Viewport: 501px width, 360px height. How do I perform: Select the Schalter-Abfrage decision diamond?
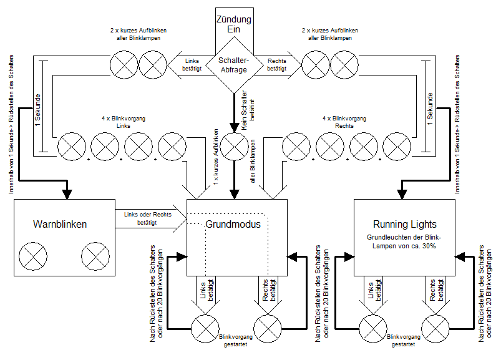[x=234, y=64]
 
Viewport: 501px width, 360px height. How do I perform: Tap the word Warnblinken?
[x=61, y=224]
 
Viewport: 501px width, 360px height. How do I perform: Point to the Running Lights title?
[x=404, y=224]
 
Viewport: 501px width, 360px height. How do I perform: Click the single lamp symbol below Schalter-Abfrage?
[x=234, y=147]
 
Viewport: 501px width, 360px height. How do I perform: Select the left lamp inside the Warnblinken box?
[x=33, y=256]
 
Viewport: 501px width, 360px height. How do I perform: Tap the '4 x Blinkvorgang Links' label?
[x=121, y=122]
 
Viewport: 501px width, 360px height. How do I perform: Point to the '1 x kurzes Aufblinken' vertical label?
[x=215, y=156]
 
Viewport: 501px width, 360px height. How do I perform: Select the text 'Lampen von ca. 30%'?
[x=404, y=246]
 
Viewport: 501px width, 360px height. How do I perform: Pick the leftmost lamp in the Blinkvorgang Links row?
[x=71, y=147]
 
